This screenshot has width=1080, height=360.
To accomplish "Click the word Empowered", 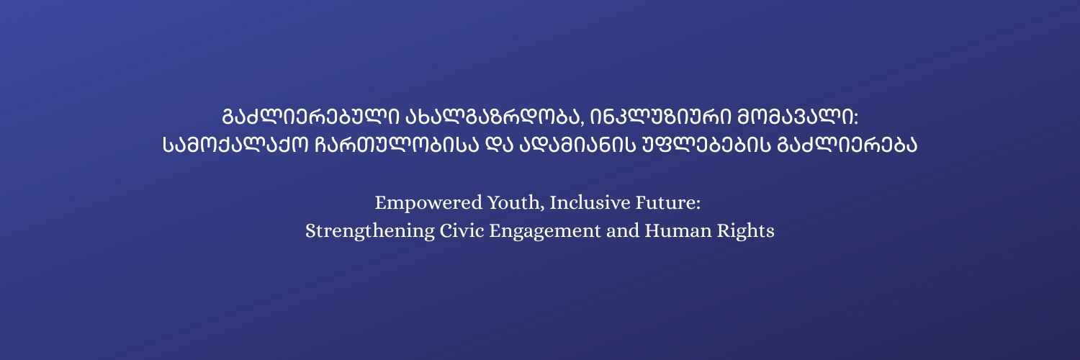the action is [x=428, y=203].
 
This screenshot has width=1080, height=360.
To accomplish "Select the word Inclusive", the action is [x=590, y=202].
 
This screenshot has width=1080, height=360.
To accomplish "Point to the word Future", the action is [x=665, y=202].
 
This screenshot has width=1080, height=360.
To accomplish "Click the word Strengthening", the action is [x=370, y=231].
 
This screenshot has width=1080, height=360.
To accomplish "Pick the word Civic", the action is [x=462, y=230].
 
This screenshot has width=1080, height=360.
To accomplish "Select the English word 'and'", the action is [x=623, y=230].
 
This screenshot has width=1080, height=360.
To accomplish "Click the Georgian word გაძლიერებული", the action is [x=310, y=117].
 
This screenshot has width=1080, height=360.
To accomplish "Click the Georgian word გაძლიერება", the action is [x=847, y=145].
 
